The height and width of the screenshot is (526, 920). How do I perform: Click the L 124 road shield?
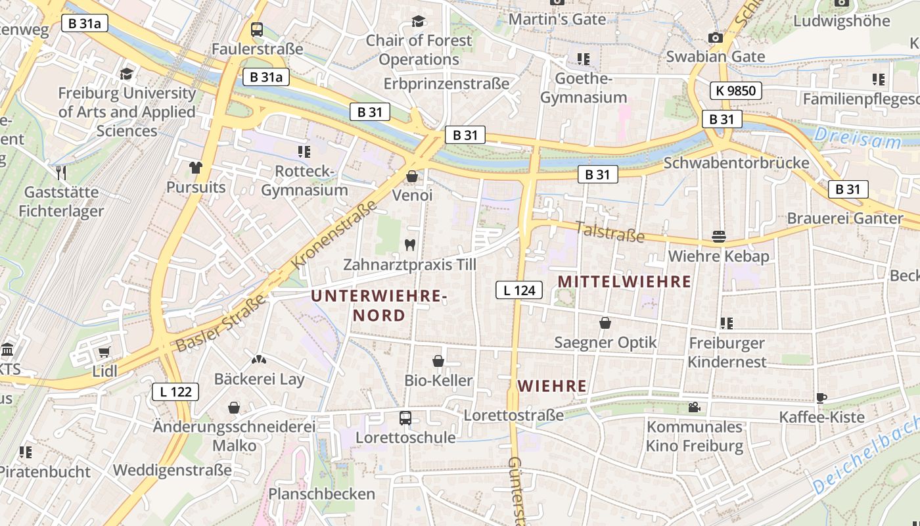[519, 289]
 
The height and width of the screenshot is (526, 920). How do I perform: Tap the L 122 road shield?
[175, 392]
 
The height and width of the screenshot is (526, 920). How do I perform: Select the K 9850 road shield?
[735, 90]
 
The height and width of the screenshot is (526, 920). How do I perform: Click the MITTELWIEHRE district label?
[624, 281]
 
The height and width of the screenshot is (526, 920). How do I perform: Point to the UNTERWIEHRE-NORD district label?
[379, 306]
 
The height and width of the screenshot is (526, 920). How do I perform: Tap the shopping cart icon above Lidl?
[104, 352]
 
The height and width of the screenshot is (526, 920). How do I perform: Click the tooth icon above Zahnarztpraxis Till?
[410, 245]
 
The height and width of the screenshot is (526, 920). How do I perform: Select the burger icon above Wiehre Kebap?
[718, 236]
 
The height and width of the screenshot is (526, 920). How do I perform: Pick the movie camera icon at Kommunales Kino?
[694, 407]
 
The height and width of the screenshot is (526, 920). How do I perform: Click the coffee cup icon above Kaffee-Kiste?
[821, 397]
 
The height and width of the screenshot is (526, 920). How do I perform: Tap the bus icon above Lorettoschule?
[405, 418]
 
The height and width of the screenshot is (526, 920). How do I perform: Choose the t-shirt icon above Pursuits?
[195, 167]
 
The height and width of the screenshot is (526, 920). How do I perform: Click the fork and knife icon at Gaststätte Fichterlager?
[61, 172]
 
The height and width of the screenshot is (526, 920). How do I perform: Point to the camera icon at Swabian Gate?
[715, 37]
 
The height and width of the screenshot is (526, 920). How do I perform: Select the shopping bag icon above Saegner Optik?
[605, 323]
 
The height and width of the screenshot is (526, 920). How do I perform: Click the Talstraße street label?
[609, 231]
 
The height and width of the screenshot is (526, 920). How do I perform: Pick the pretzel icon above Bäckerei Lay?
[259, 360]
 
